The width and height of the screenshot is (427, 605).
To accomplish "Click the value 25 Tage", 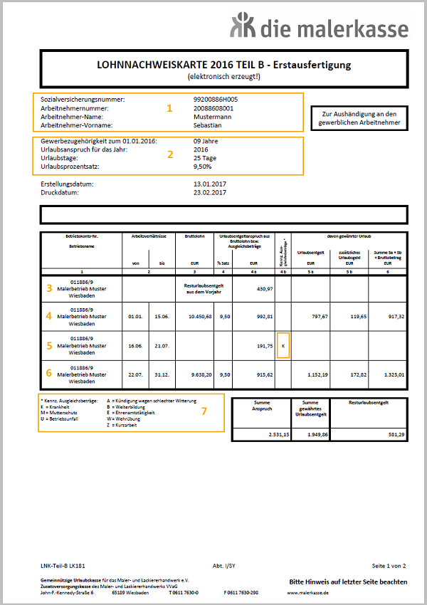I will pos(206,158).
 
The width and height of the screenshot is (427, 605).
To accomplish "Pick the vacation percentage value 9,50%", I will pos(203,167).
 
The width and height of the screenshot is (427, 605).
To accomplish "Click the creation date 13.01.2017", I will pos(210,184).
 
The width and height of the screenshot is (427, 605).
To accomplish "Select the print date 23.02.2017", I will pos(210,192).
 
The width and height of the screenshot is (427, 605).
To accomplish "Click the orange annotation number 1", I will pos(169,108).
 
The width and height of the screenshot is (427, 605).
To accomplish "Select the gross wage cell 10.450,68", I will pos(197,316).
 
